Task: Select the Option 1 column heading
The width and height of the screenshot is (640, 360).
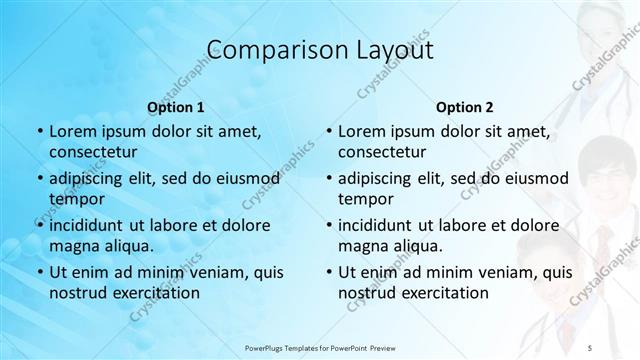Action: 176,106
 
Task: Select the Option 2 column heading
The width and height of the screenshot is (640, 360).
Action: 465,106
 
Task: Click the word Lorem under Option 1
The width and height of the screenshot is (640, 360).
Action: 72,131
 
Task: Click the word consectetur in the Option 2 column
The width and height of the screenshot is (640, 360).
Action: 386,153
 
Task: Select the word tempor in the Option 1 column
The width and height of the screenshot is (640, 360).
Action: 76,199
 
